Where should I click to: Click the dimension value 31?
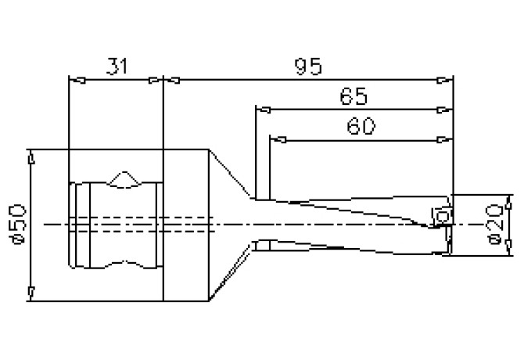(x=116, y=67)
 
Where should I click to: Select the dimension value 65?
(x=354, y=97)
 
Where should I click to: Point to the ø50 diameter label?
(x=18, y=225)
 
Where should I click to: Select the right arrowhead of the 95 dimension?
(x=448, y=79)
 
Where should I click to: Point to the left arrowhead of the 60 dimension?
(x=275, y=140)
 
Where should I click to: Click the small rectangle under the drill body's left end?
(x=263, y=246)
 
